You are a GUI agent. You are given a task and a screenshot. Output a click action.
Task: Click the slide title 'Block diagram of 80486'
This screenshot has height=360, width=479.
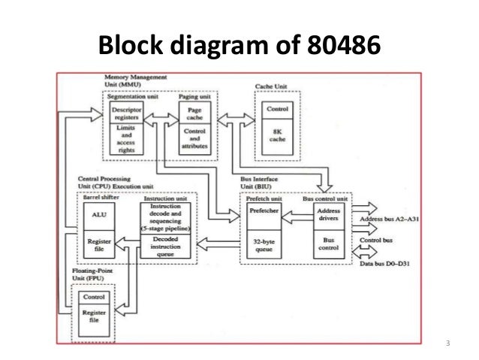pos(239,47)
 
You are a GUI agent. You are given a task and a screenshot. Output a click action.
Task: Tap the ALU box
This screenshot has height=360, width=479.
pos(98,213)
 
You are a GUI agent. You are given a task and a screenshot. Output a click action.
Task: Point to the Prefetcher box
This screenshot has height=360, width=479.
pos(264,212)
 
